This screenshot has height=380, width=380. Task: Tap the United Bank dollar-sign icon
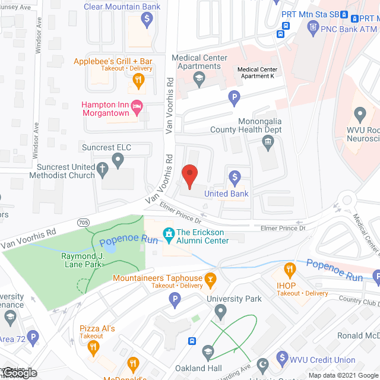click(235, 177)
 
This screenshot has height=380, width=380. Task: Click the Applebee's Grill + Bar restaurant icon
click(138, 79)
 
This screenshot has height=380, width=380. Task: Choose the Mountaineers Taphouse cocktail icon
click(209, 278)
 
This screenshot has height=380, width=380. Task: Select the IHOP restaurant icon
click(289, 268)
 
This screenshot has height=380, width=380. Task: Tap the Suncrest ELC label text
click(107, 147)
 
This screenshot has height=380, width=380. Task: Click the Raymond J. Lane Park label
click(82, 260)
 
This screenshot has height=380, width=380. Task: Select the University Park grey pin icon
click(221, 311)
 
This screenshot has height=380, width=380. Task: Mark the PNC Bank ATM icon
click(313, 27)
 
